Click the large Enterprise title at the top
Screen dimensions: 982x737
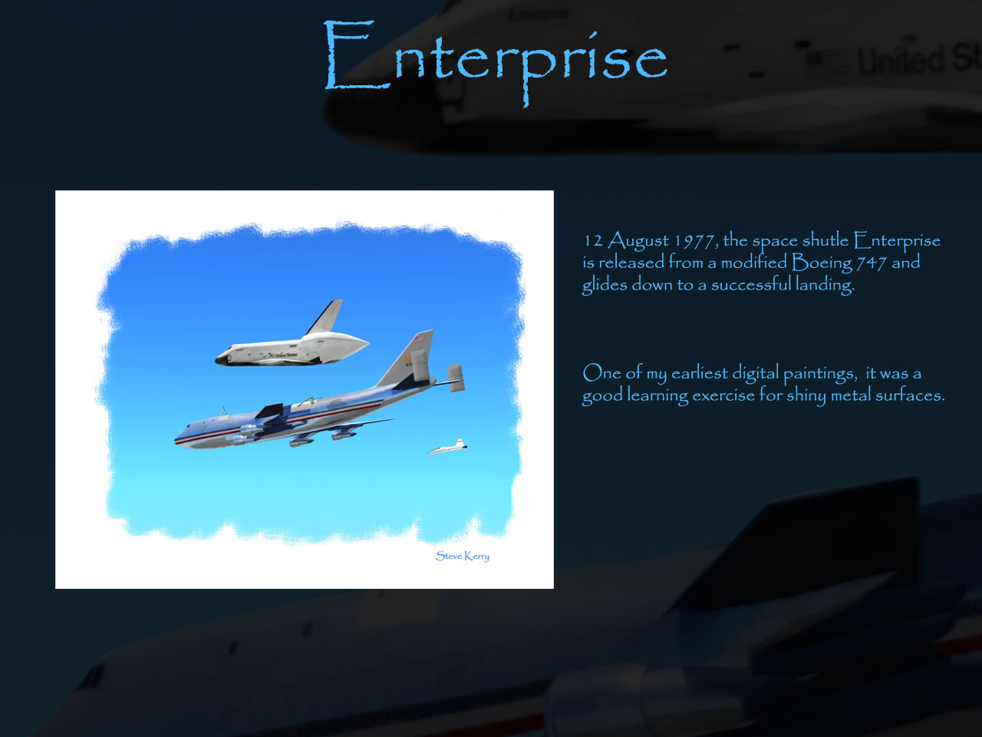tap(496, 63)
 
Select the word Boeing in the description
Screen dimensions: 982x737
tap(822, 263)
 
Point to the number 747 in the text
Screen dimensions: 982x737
tap(871, 263)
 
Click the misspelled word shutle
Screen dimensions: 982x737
tap(825, 240)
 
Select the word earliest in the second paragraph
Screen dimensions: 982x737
tap(699, 373)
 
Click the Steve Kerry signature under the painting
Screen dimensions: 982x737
tap(462, 556)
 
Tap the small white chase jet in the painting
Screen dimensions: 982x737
tap(447, 447)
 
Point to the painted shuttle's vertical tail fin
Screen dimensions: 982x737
tap(326, 316)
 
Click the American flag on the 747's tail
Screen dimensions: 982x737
tap(419, 339)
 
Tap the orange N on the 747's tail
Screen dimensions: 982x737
tap(407, 359)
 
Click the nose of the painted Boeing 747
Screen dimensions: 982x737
tap(178, 439)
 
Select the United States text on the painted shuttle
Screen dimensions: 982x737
tap(286, 355)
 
